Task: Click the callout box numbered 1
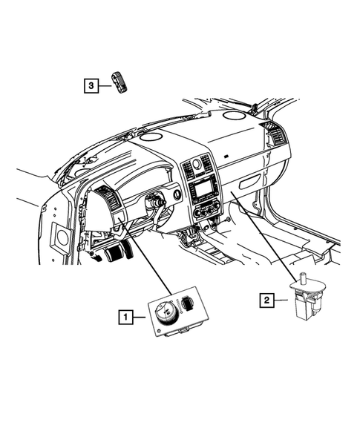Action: [x=128, y=318]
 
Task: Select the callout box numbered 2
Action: [x=264, y=300]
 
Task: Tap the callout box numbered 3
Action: [x=90, y=87]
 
